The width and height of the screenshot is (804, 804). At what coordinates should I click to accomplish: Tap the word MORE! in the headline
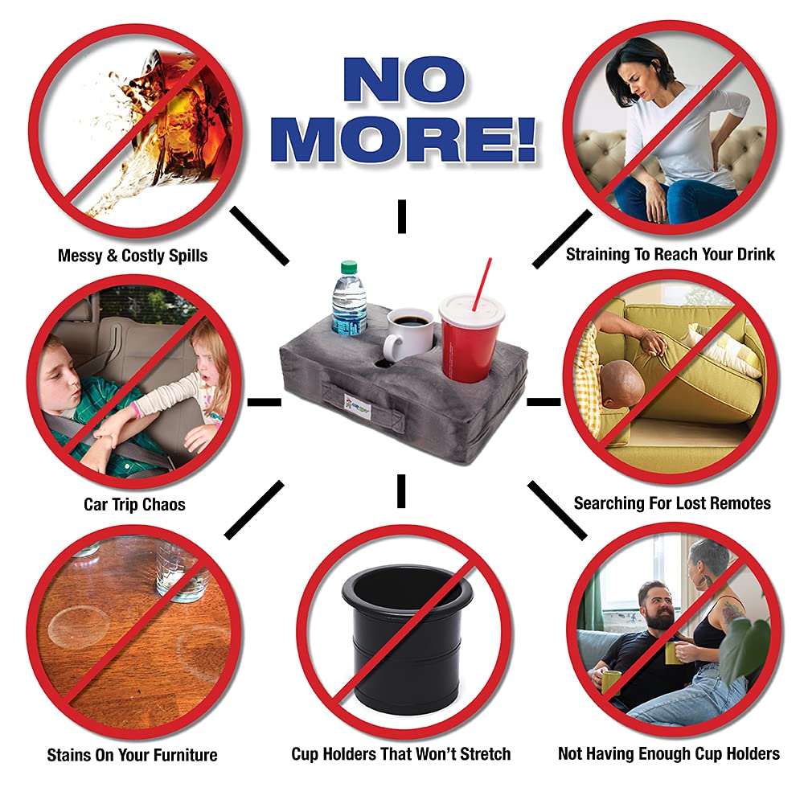click(404, 140)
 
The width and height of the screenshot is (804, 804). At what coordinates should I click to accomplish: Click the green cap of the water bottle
click(349, 267)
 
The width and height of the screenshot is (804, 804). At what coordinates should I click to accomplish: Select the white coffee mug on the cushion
click(408, 334)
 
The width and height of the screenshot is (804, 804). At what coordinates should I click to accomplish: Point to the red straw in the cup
click(482, 284)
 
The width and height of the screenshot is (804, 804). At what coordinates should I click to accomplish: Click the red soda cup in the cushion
click(470, 338)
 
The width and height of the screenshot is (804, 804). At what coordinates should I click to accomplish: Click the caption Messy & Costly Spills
click(133, 256)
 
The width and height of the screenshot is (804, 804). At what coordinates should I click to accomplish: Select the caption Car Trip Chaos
click(134, 505)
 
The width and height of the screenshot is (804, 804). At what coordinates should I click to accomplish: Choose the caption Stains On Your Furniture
click(133, 755)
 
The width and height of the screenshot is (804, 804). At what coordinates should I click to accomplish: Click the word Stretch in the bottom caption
click(485, 754)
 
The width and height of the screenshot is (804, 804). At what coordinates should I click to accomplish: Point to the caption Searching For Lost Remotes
click(672, 503)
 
